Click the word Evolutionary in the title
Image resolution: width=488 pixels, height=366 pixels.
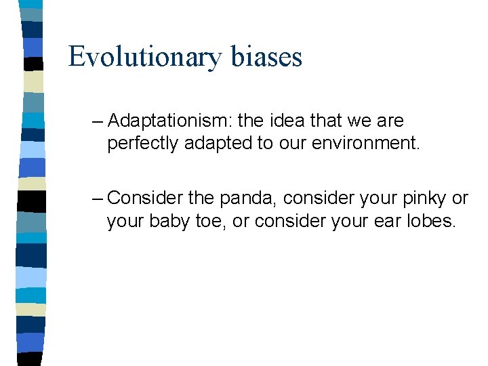[x=144, y=57]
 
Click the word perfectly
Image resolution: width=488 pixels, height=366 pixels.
[x=139, y=144]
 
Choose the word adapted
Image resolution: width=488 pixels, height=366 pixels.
[x=207, y=144]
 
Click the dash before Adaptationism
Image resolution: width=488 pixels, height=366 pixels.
[x=97, y=122]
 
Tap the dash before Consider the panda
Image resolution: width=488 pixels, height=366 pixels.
[x=97, y=199]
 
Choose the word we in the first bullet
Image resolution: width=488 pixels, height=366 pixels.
[x=359, y=122]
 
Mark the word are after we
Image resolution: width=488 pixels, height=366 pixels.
[x=390, y=122]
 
